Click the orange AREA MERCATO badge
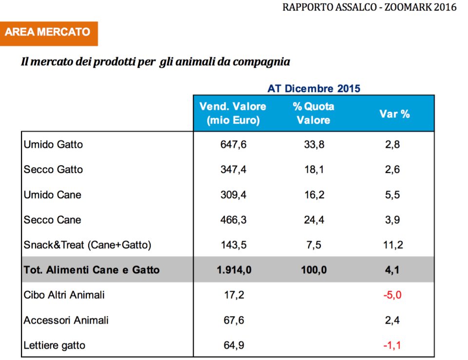[x=48, y=33]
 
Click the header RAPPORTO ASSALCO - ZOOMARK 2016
[x=370, y=7]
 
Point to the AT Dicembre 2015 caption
[x=313, y=89]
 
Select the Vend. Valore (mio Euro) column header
[x=233, y=114]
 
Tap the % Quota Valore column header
[x=313, y=114]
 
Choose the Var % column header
[x=394, y=114]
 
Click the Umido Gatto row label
[x=53, y=145]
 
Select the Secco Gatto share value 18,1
[x=313, y=170]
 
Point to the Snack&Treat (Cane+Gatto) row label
[x=87, y=245]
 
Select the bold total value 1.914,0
[x=233, y=270]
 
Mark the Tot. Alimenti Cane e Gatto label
[x=92, y=270]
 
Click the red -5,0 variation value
[x=392, y=295]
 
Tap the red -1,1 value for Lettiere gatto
[x=392, y=345]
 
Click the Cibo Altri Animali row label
[x=64, y=295]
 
